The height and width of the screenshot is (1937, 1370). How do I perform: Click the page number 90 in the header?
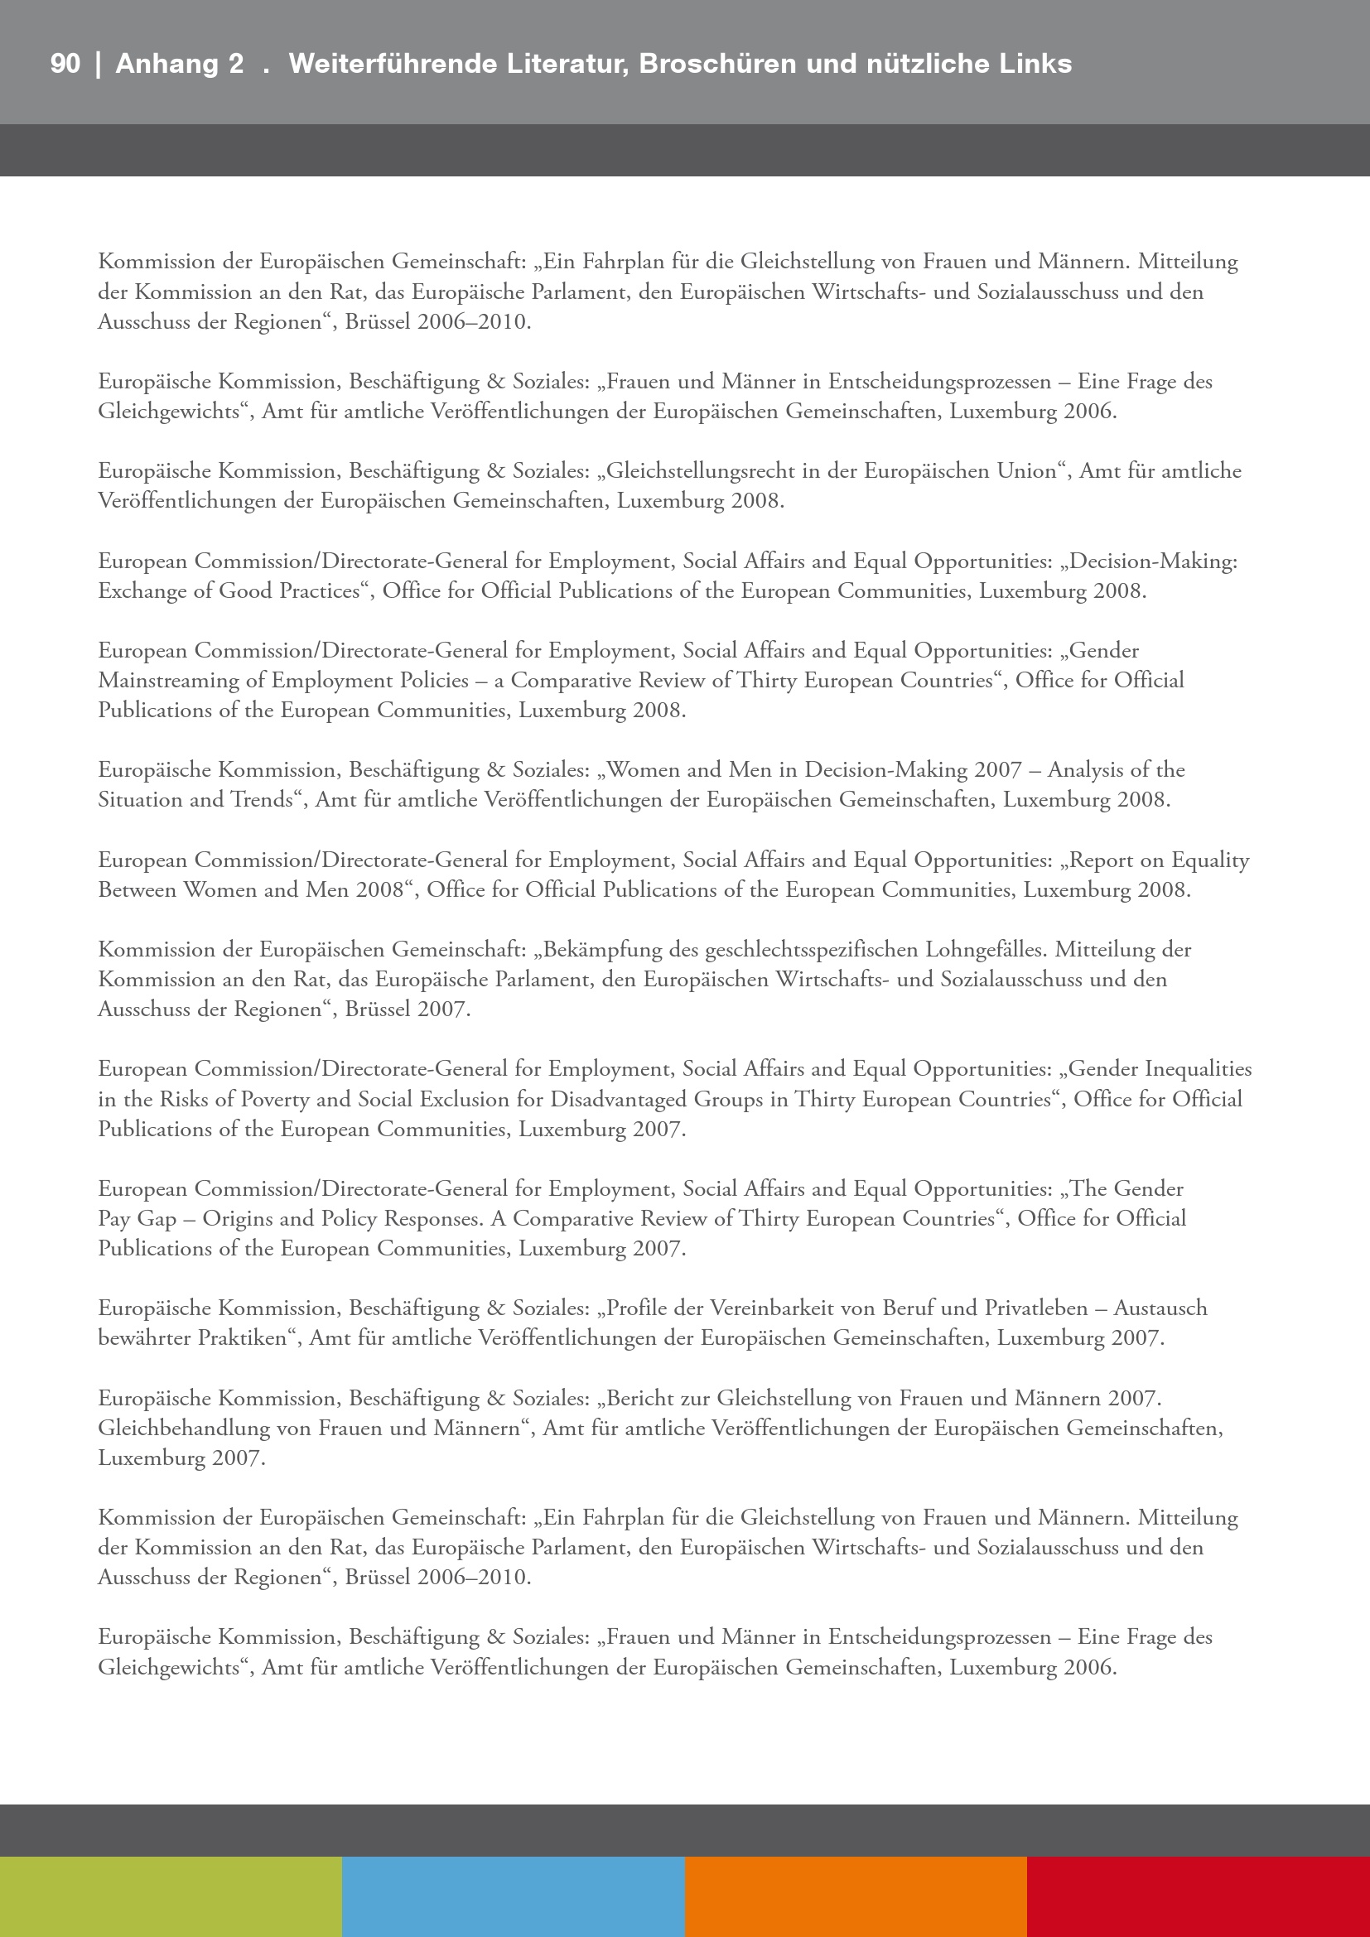point(65,64)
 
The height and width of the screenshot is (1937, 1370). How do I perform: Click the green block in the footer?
point(171,1896)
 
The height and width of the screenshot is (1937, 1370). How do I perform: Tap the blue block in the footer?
point(514,1896)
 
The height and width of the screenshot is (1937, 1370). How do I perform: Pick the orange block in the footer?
point(856,1896)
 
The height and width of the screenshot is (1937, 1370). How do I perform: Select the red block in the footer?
point(1198,1896)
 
